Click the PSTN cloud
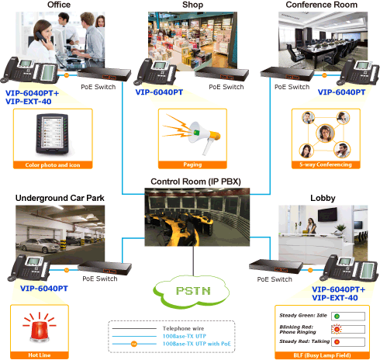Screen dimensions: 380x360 [192, 291]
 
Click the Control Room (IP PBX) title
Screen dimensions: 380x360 [195, 182]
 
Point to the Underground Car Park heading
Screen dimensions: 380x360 [60, 198]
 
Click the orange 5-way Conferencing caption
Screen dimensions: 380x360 [326, 164]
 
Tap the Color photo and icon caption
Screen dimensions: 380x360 [53, 165]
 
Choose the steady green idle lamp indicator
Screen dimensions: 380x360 [337, 316]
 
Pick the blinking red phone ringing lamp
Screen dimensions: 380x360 [337, 329]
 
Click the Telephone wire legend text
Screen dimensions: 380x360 [183, 328]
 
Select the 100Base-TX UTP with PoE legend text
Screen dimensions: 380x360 [196, 344]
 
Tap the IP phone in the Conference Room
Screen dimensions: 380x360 [358, 72]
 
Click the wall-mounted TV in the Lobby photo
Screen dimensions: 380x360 [327, 215]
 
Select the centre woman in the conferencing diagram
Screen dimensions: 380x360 [325, 133]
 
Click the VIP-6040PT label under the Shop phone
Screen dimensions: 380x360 [159, 92]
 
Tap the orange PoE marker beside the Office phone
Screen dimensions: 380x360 [67, 75]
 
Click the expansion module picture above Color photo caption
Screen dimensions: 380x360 [53, 134]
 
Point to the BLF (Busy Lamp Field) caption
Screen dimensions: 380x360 [322, 355]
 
